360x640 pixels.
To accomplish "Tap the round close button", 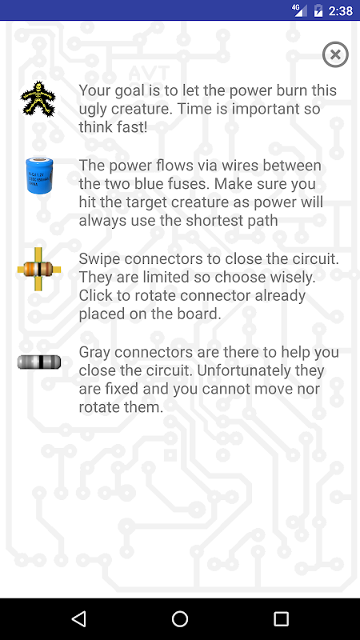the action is coord(335,54).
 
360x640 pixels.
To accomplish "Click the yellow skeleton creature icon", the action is coord(38,98).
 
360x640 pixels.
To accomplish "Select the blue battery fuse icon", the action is coord(39,174).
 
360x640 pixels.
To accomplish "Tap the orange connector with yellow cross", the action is coord(38,269).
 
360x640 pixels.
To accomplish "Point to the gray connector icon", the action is coord(39,362).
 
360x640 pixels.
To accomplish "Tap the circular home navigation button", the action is coord(179,618).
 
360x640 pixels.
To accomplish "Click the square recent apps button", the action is coord(281,618).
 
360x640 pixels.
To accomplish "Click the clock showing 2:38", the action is coord(341,10).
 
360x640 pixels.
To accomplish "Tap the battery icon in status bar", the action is coord(318,10).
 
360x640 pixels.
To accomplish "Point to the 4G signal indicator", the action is coord(299,10).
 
